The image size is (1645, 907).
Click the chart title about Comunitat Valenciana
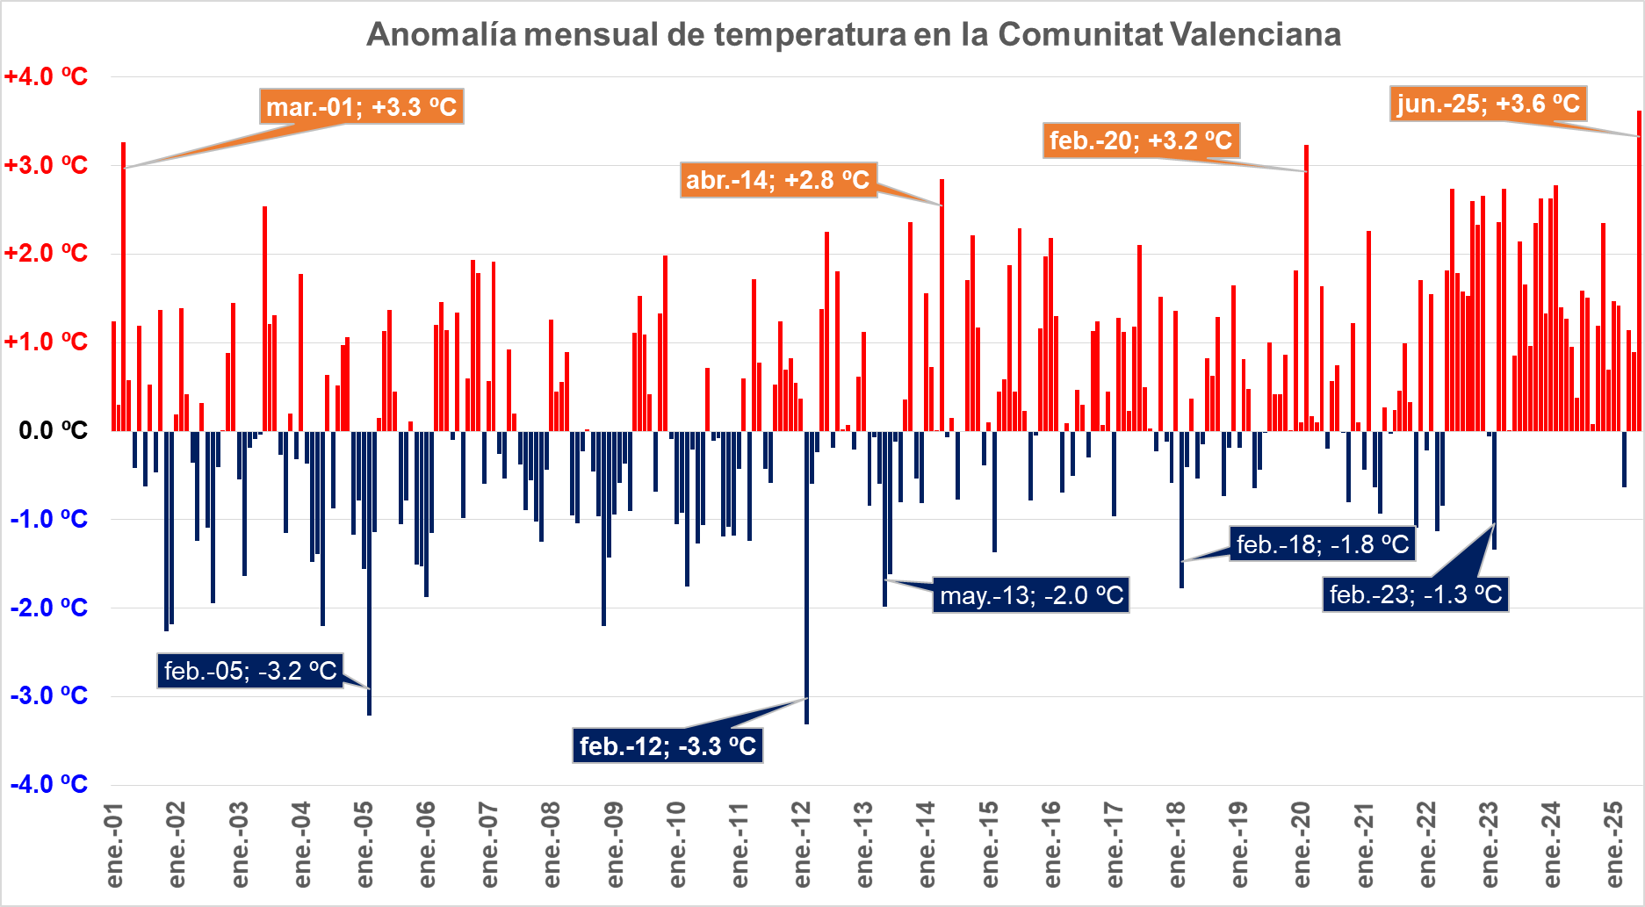tap(853, 35)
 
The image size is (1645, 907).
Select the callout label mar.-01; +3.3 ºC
tap(361, 107)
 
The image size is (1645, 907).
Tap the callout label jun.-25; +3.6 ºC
tap(1488, 104)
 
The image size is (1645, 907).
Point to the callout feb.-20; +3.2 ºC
tap(1141, 140)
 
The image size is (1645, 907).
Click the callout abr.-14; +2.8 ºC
tap(777, 180)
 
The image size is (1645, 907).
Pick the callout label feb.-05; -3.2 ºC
tap(250, 671)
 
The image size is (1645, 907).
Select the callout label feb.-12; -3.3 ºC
tap(667, 745)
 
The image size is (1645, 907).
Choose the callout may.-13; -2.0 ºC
tap(1031, 595)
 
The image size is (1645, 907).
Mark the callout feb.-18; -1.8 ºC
tap(1322, 544)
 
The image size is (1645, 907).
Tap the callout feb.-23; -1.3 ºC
tap(1415, 594)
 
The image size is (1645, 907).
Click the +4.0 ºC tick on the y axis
tap(46, 77)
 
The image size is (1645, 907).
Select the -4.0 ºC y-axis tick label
tap(49, 784)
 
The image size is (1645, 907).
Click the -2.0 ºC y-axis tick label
tap(49, 608)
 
